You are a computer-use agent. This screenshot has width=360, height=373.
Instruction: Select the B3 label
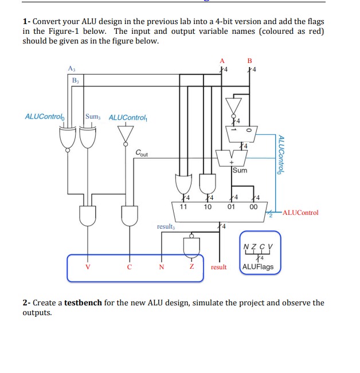(76, 80)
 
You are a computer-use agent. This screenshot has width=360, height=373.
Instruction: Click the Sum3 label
(93, 116)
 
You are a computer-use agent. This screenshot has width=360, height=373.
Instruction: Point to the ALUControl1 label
(128, 117)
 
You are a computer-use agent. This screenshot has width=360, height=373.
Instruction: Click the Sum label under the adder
(240, 170)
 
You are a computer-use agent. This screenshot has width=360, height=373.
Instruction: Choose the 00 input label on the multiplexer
(253, 206)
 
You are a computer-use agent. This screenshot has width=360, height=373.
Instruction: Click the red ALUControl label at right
(298, 213)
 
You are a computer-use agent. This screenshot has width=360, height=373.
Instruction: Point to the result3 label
(165, 226)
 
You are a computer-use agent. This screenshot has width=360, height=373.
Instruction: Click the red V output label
(88, 266)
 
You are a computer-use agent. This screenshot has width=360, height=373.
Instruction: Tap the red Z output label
(192, 266)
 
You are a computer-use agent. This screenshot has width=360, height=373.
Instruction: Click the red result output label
(219, 267)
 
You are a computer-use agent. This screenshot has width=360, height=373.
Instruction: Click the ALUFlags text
(258, 267)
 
